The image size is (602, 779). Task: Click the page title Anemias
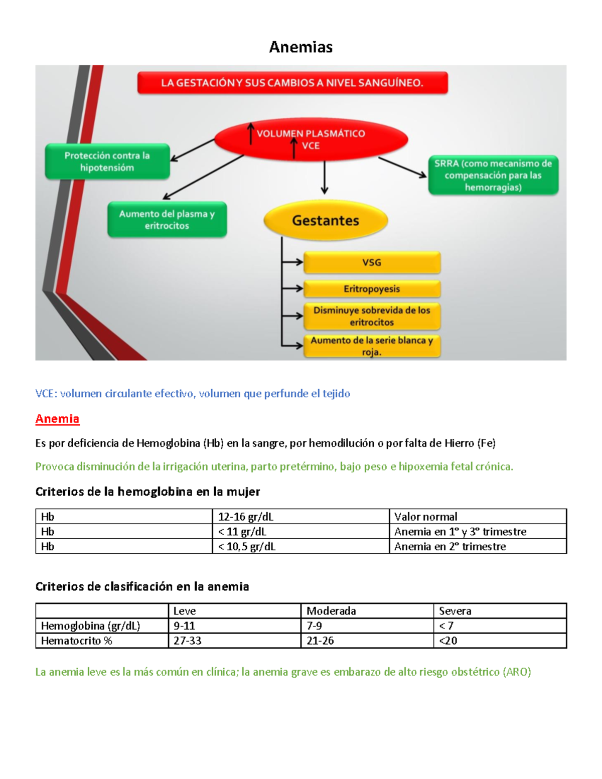pos(300,47)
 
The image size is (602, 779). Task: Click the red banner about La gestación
pos(292,83)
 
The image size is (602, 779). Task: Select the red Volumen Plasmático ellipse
pos(311,139)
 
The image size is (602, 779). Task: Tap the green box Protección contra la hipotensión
pos(107,162)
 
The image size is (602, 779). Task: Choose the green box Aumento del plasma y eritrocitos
pos(167,220)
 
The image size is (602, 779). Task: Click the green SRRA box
pos(493,175)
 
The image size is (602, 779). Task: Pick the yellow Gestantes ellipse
pos(326,220)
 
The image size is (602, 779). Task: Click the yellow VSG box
pos(372,262)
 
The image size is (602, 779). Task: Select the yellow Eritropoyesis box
pos(372,289)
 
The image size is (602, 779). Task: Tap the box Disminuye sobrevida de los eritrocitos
pos(372,316)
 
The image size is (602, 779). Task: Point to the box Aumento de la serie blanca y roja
pos(372,346)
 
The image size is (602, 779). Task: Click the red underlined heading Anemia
pos(57,419)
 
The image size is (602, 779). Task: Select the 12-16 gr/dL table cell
pos(246,517)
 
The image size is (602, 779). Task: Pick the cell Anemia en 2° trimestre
pos(450,546)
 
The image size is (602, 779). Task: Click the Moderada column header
pos(331,611)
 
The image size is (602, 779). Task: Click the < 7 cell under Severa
pos(446,626)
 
